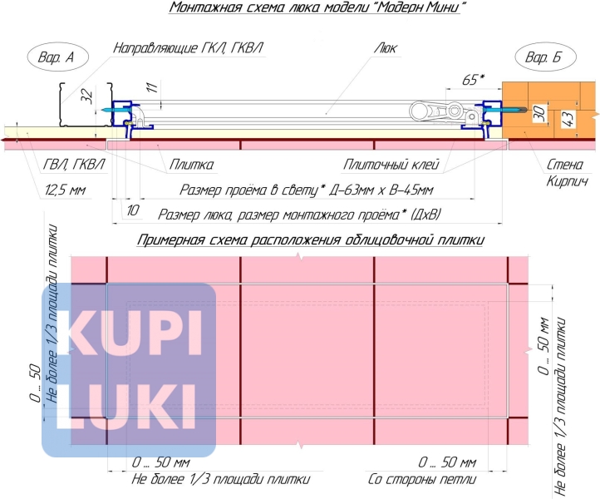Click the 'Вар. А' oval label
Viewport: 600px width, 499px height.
57,57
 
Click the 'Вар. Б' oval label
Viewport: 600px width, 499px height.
545,57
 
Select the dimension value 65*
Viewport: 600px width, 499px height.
473,80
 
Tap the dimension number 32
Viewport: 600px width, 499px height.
87,96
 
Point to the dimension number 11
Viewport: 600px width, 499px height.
153,87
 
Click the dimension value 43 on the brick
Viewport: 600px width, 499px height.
568,119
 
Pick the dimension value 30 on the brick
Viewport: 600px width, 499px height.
540,113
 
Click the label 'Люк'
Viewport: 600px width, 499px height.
386,48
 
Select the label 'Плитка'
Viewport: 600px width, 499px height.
191,165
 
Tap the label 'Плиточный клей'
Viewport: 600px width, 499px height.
391,165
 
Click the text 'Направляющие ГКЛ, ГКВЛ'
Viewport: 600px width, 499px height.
188,48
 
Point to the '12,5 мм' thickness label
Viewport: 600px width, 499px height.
65,190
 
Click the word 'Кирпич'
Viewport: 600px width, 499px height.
567,180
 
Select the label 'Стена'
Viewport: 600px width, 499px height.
565,165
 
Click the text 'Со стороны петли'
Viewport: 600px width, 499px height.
422,479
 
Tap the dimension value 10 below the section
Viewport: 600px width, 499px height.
132,210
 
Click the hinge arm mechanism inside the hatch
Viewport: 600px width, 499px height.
444,112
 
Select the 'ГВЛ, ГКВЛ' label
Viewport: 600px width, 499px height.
73,165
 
